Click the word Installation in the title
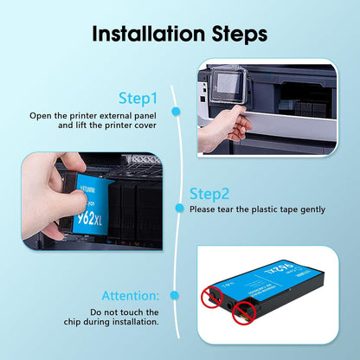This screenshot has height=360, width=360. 149,34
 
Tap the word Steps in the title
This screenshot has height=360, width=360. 240,35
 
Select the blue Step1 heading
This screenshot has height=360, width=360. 138,99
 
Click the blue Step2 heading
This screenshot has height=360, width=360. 209,194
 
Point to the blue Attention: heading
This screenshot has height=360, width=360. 131,296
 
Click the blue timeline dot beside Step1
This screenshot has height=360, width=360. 176,112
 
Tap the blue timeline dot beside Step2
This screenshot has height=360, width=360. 179,208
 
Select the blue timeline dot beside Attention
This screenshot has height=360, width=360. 174,295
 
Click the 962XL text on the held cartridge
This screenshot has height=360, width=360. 89,219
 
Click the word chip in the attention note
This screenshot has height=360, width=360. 73,322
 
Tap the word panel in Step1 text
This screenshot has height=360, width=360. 145,116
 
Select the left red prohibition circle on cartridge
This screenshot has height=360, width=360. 212,298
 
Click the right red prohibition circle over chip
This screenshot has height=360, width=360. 244,312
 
